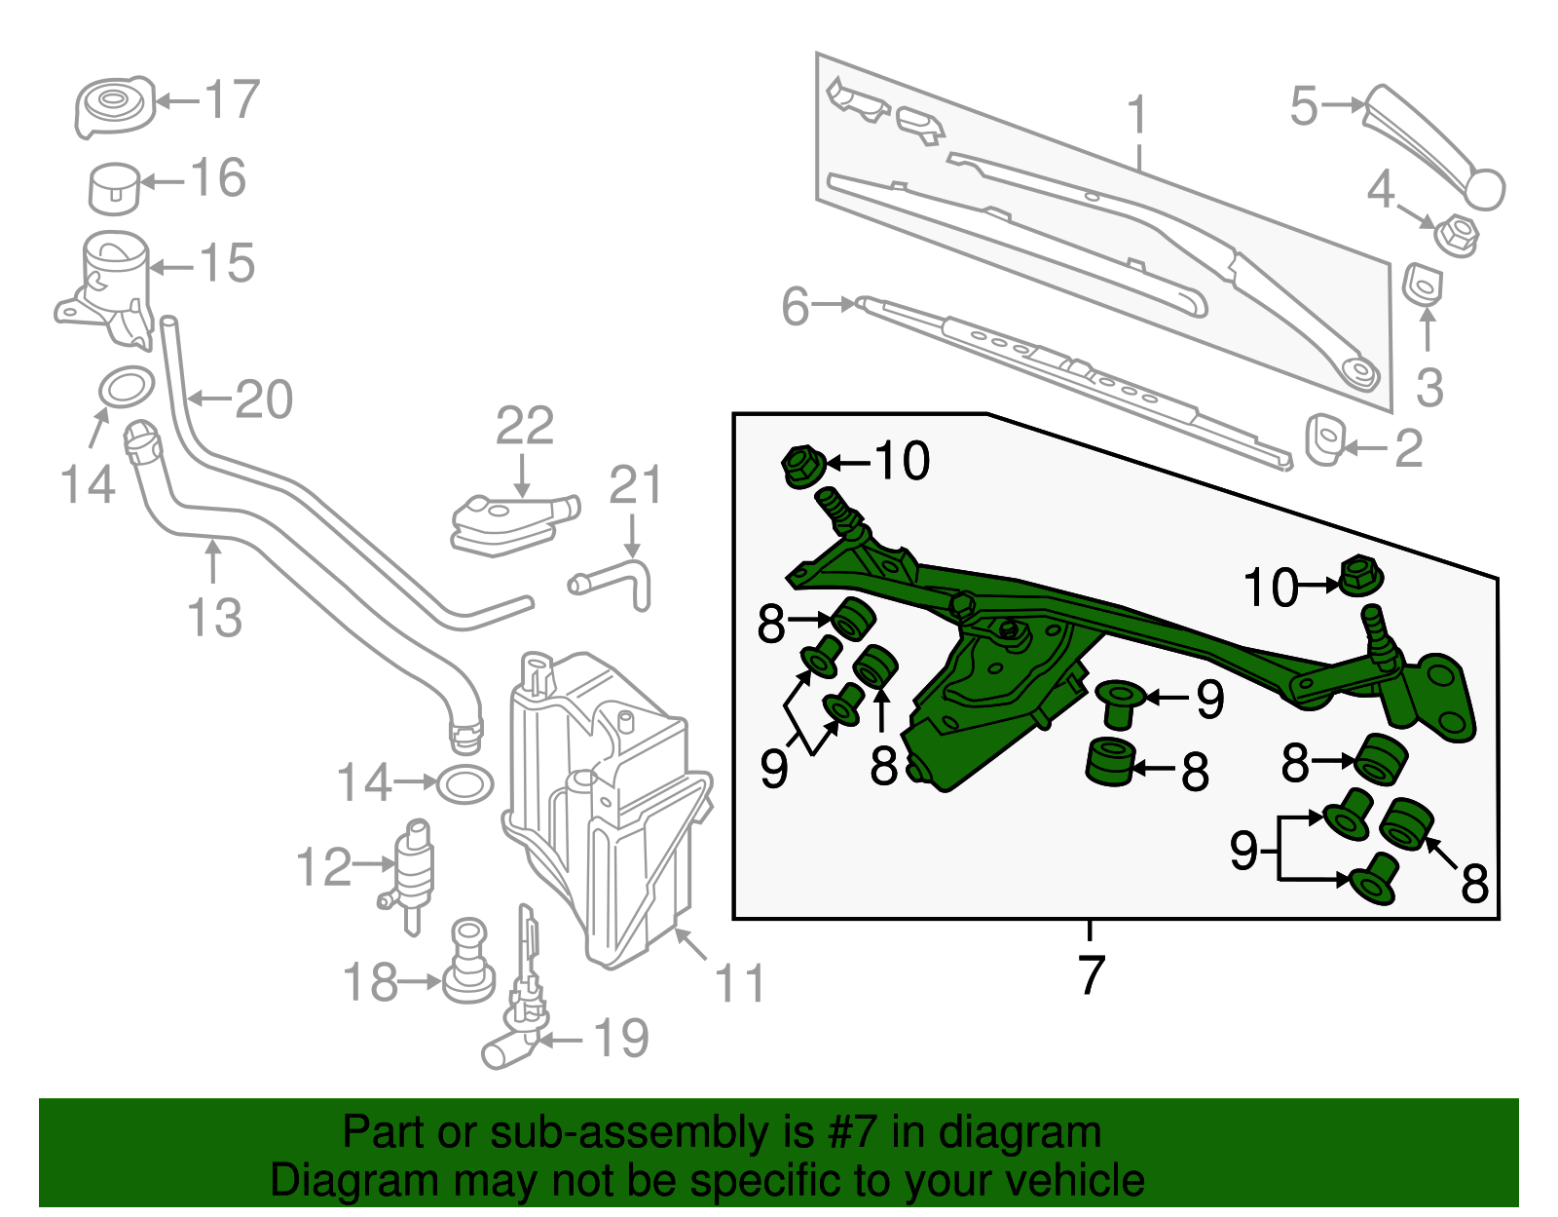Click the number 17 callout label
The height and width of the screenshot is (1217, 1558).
tap(232, 99)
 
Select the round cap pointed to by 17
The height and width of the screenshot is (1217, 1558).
tap(114, 106)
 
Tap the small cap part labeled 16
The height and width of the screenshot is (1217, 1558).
tap(114, 188)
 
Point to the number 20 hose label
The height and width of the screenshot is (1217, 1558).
tap(263, 399)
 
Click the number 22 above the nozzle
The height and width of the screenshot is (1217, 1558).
tap(525, 426)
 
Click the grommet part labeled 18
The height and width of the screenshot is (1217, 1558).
tap(468, 965)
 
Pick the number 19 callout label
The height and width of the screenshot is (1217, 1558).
tap(620, 1039)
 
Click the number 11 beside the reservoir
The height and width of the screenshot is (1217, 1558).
tap(740, 984)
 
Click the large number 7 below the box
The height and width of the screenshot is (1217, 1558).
tap(1091, 973)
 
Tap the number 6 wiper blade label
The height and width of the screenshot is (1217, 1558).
tap(796, 307)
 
